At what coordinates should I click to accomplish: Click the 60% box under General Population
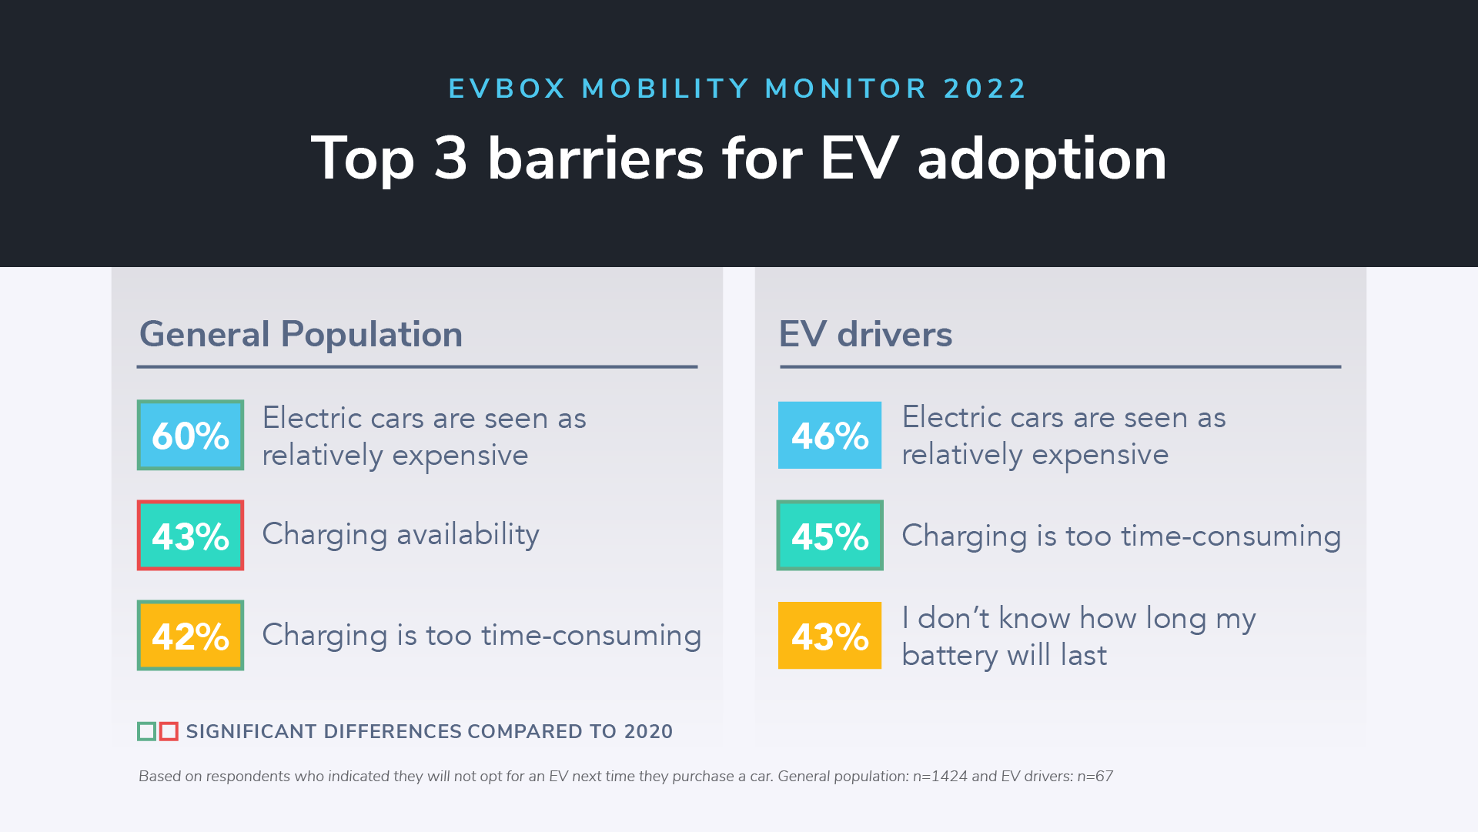pos(190,435)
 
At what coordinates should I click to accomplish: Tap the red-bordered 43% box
pos(190,536)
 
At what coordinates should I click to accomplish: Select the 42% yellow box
pos(190,636)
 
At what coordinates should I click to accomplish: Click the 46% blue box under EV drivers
pos(830,435)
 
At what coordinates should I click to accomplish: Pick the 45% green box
pos(830,536)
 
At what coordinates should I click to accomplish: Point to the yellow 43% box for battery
pos(830,636)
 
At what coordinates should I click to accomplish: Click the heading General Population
pos(300,334)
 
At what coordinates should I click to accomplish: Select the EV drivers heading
pos(865,334)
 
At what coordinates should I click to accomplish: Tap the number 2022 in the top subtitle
pos(985,89)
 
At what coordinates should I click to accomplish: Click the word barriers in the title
pos(595,159)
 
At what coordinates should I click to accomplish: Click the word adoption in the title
pos(1042,159)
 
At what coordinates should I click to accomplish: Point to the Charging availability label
pos(400,534)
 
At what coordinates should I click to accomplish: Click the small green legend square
pos(146,731)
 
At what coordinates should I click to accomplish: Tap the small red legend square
pos(169,731)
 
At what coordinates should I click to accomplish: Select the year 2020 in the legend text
pos(648,731)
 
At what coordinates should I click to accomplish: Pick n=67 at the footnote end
pos(1095,777)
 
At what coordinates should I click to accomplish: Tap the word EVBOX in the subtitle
pos(507,89)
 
